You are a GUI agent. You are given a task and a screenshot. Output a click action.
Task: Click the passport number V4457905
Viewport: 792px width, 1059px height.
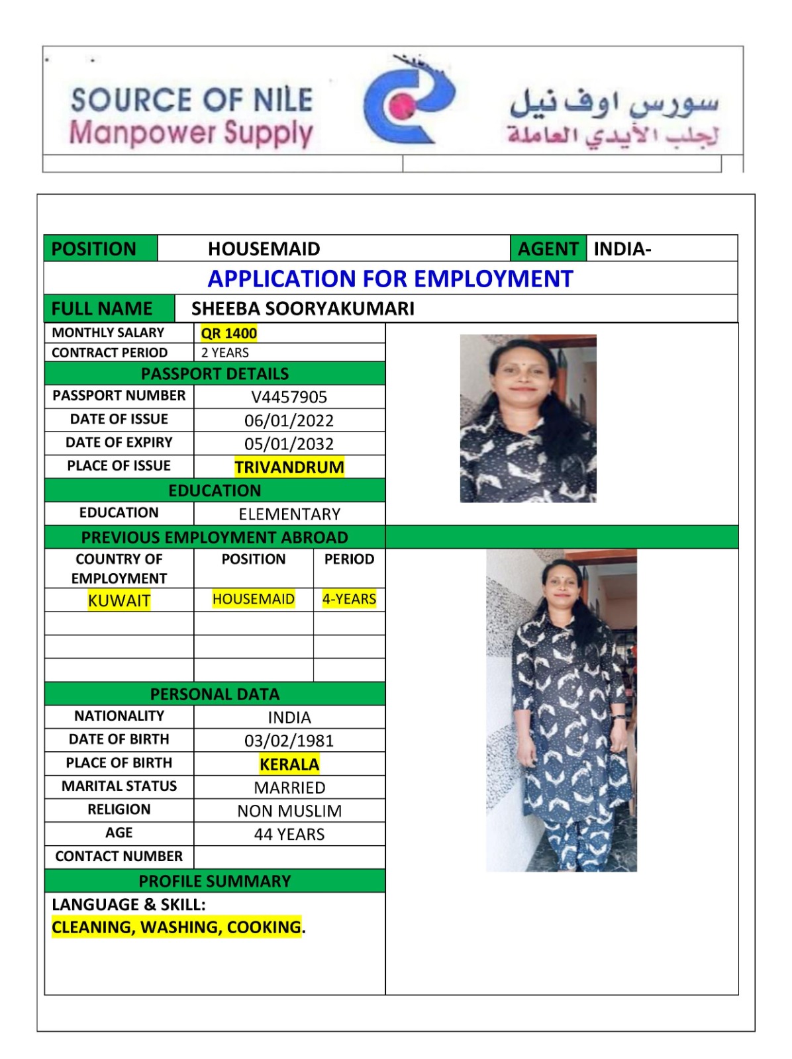289,397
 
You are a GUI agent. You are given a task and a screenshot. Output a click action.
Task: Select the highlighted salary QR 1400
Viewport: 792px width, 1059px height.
228,333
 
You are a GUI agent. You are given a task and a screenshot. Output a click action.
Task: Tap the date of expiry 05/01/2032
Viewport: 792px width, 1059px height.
289,443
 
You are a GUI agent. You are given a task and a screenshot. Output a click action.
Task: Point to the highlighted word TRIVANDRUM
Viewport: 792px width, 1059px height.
289,467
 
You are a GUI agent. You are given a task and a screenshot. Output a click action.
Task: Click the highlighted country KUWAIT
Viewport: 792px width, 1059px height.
119,600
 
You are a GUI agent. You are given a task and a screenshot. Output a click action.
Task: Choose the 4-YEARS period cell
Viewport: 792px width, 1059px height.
349,599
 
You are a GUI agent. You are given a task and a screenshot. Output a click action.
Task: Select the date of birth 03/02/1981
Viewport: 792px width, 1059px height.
289,741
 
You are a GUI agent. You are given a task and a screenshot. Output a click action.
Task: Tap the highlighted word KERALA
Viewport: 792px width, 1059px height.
289,764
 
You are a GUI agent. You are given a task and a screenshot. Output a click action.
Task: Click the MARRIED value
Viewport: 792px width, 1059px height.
289,788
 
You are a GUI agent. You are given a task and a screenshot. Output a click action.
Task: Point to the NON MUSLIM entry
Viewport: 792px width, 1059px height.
289,811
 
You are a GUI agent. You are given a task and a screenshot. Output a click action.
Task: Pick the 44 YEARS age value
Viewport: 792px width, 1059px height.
289,834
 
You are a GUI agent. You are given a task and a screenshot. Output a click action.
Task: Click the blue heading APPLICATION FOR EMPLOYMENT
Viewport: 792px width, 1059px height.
390,279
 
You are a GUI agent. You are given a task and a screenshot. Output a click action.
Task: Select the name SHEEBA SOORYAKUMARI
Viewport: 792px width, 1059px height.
303,308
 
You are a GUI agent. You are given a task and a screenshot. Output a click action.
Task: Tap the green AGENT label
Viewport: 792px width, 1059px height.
548,249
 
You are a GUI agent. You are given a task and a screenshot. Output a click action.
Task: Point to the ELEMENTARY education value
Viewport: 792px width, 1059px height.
289,514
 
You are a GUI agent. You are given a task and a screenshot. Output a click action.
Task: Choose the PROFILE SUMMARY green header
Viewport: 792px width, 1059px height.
215,881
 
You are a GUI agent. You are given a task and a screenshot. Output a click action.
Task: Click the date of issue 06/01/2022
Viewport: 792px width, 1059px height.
289,420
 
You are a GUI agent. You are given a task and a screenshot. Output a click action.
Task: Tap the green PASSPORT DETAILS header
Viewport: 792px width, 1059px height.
215,373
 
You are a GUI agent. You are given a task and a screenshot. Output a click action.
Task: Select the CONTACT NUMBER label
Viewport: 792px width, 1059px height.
119,856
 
